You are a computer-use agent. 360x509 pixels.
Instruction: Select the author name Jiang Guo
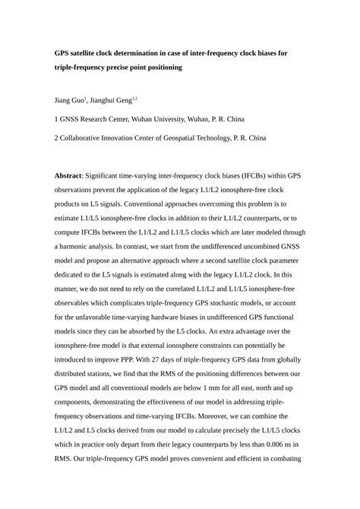point(68,100)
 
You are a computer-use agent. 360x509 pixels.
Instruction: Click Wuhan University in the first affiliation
point(168,119)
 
